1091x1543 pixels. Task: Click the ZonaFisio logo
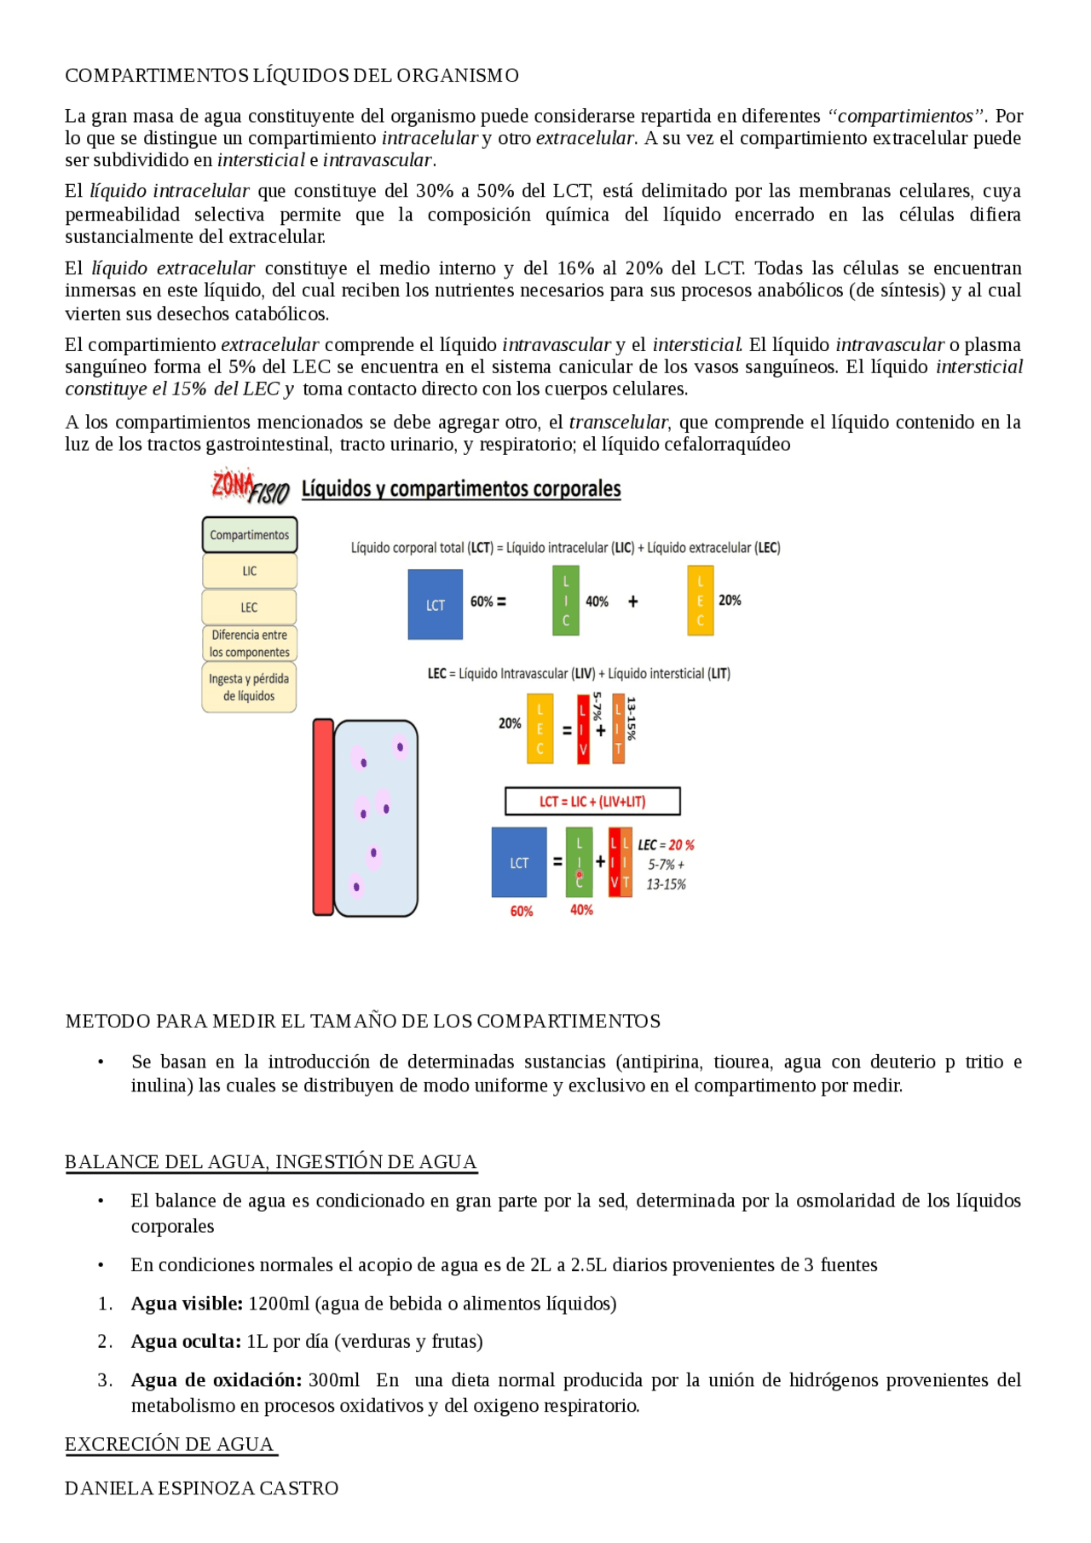click(x=250, y=486)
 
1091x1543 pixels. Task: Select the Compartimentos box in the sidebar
click(x=249, y=535)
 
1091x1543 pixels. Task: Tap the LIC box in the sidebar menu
click(x=249, y=571)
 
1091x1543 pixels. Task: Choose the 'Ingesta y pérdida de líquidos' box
click(x=249, y=688)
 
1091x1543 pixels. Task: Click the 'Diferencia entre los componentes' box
click(x=249, y=643)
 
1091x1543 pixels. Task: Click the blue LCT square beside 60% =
click(x=435, y=604)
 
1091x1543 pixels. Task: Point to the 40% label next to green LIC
click(x=597, y=602)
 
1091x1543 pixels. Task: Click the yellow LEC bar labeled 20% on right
click(x=700, y=601)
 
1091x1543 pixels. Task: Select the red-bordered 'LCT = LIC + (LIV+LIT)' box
click(x=592, y=802)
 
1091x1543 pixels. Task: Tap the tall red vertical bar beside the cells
click(x=323, y=817)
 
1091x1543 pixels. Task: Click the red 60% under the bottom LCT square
click(x=521, y=912)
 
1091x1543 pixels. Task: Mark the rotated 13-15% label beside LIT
click(x=631, y=718)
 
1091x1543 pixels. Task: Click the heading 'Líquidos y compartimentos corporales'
click(x=461, y=489)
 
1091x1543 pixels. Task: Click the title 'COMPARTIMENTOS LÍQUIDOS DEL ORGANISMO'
click(x=292, y=76)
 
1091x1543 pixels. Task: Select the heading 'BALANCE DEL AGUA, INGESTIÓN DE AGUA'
click(x=270, y=1162)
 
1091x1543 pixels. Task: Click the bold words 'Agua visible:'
click(x=187, y=1304)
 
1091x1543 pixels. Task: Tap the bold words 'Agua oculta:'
click(x=186, y=1342)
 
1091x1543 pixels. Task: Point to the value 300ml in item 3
click(x=334, y=1380)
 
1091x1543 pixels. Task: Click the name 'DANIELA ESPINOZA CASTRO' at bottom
click(x=201, y=1488)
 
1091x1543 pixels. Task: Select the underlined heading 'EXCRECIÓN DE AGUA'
click(x=170, y=1444)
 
